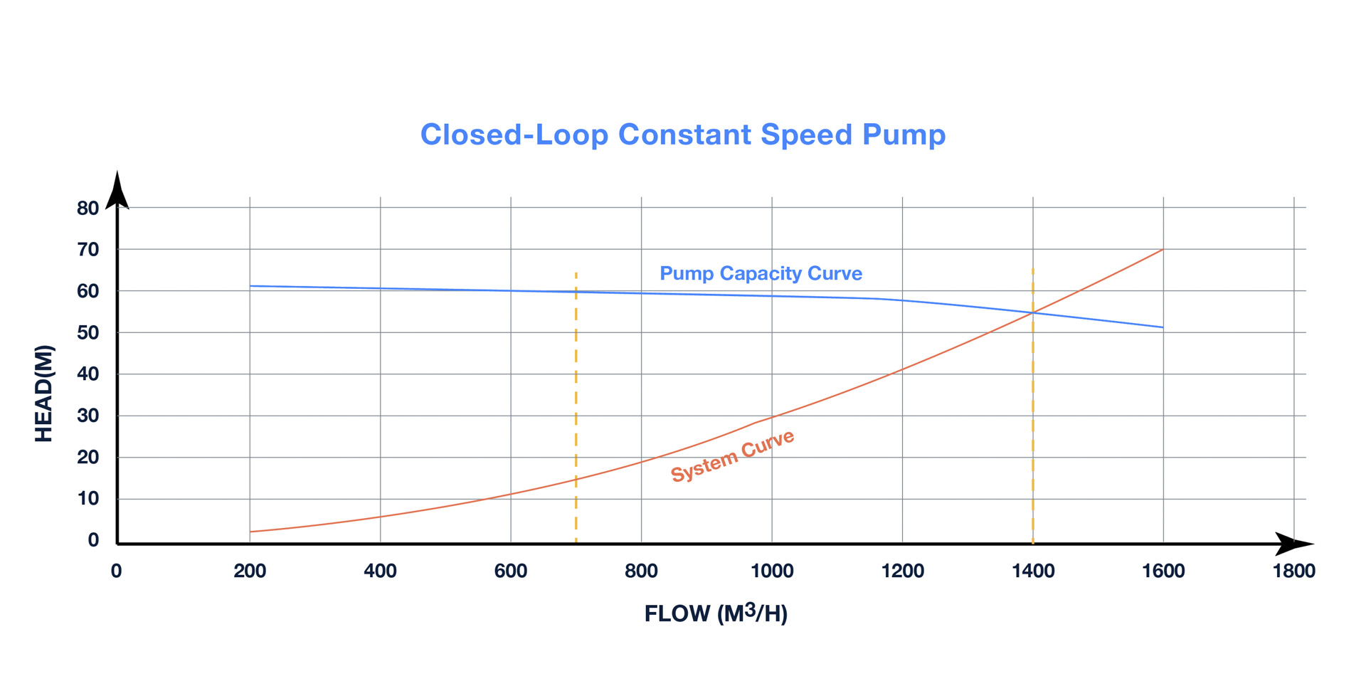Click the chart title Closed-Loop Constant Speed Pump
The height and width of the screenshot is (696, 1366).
click(x=682, y=135)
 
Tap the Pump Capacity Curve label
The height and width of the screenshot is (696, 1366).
click(x=761, y=273)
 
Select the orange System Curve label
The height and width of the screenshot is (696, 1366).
click(x=732, y=456)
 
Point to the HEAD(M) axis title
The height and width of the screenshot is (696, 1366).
click(x=43, y=394)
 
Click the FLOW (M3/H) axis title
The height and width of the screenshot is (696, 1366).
click(x=716, y=613)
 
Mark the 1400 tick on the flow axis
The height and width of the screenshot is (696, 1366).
click(x=1033, y=571)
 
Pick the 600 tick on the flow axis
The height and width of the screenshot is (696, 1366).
click(x=510, y=571)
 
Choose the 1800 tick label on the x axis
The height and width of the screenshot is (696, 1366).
click(x=1293, y=571)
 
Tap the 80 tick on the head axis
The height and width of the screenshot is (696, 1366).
click(x=88, y=209)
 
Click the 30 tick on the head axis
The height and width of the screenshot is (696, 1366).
click(x=88, y=416)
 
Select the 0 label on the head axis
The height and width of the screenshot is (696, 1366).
click(x=93, y=540)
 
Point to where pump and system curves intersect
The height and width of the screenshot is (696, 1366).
click(x=1032, y=312)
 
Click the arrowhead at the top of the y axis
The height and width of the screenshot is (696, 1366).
click(x=117, y=189)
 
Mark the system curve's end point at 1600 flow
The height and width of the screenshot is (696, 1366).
click(x=1163, y=250)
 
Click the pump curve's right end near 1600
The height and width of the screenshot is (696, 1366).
click(x=1163, y=327)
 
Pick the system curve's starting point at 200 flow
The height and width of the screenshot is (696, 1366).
click(x=250, y=532)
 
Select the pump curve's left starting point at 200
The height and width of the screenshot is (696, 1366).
click(x=250, y=286)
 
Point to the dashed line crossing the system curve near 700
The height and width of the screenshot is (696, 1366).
click(x=576, y=479)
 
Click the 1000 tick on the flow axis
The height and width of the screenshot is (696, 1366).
click(x=772, y=571)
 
